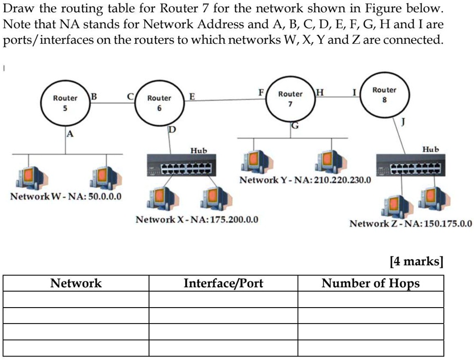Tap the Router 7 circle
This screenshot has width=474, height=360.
290,98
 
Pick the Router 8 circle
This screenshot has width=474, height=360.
384,95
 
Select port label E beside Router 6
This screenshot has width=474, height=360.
192,97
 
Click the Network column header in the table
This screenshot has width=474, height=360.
76,283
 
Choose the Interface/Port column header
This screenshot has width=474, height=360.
223,283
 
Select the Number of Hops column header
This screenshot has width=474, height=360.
371,283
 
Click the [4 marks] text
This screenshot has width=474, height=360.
416,262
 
